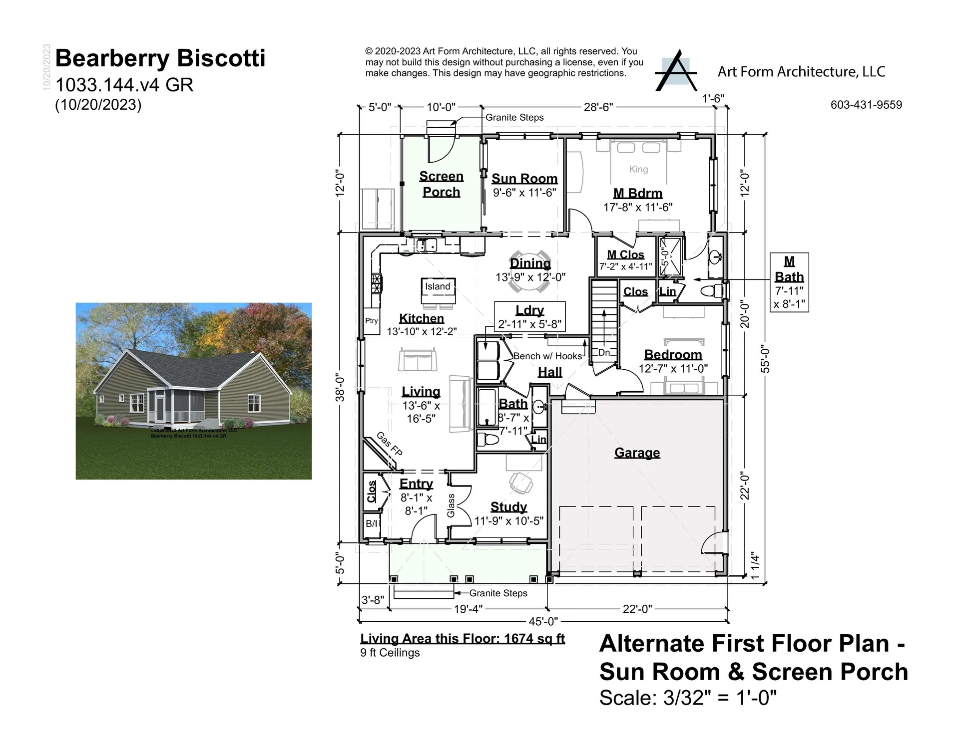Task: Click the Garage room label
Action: pyautogui.click(x=637, y=453)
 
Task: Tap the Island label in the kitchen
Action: pyautogui.click(x=438, y=286)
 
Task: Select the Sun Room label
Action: pyautogui.click(x=524, y=179)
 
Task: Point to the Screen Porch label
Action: pyautogui.click(x=441, y=184)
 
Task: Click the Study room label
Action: pyautogui.click(x=508, y=507)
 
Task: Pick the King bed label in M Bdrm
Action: pyautogui.click(x=638, y=169)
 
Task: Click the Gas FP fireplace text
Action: pyautogui.click(x=389, y=444)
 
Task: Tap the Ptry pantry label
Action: pyautogui.click(x=371, y=321)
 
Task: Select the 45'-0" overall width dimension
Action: pyautogui.click(x=543, y=621)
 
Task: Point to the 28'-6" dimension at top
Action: pyautogui.click(x=598, y=107)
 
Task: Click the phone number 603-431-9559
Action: pyautogui.click(x=866, y=105)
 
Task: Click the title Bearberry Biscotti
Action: pyautogui.click(x=160, y=58)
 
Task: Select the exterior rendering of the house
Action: pyautogui.click(x=194, y=391)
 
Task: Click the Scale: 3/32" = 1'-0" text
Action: pyautogui.click(x=688, y=698)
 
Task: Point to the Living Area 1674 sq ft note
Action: pyautogui.click(x=463, y=639)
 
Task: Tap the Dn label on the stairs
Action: pyautogui.click(x=604, y=352)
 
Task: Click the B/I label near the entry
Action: pyautogui.click(x=371, y=523)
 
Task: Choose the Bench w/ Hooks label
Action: pyautogui.click(x=547, y=356)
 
